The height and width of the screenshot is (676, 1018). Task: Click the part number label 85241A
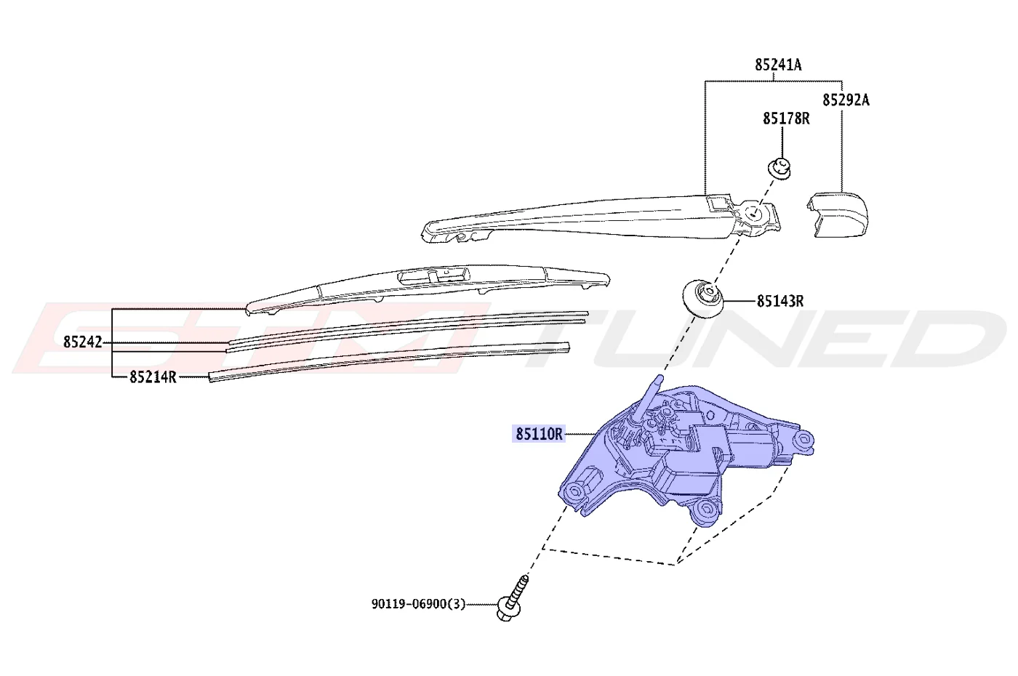(778, 65)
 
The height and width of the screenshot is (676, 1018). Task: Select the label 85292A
(846, 100)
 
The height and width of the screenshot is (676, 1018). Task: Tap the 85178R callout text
(786, 118)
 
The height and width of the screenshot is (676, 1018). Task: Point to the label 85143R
(780, 301)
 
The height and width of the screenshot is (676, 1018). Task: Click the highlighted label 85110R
(539, 434)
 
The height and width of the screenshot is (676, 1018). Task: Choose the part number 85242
(83, 342)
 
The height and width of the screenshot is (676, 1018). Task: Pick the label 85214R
(153, 377)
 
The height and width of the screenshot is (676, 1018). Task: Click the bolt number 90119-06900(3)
(419, 604)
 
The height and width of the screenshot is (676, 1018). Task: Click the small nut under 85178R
(779, 168)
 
